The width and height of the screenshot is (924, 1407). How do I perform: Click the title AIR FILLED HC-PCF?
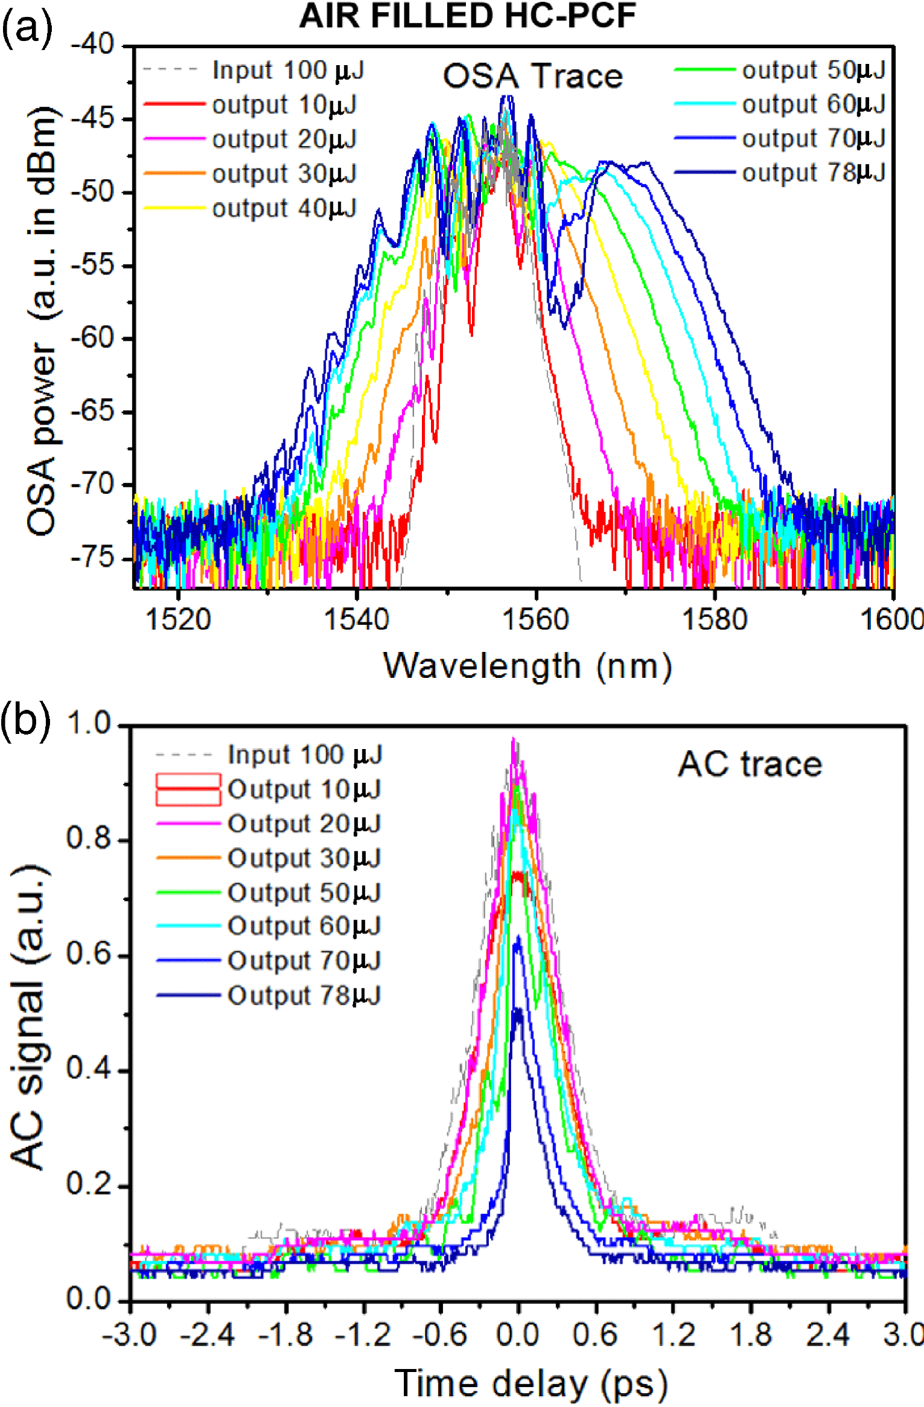[468, 16]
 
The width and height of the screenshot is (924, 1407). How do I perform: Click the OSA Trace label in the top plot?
[533, 77]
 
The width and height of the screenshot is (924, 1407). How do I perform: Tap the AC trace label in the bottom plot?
[750, 765]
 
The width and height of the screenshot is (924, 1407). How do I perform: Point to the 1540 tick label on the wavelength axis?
[357, 620]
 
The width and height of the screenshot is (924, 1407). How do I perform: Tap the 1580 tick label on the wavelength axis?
[714, 620]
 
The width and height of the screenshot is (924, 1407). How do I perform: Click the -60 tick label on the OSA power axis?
[92, 338]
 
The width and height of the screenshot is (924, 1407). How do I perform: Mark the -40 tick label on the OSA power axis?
[92, 45]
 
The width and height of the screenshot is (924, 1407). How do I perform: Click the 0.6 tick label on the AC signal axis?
[89, 955]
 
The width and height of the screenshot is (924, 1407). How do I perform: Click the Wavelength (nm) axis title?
[527, 666]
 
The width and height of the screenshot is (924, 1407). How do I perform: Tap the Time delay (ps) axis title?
[530, 1382]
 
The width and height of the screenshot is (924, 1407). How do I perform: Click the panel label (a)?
[27, 28]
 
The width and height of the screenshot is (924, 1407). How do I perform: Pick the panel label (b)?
[25, 719]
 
